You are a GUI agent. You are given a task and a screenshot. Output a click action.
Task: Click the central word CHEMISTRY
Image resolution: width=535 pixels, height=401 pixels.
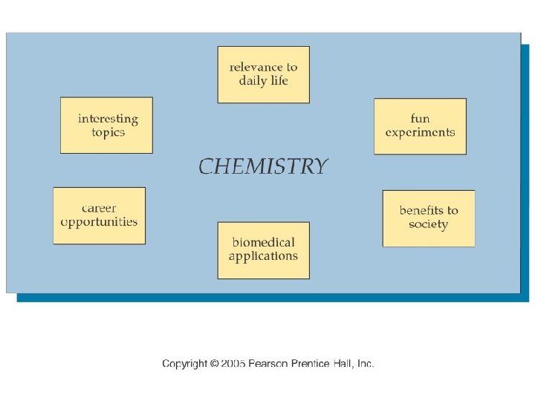(262, 166)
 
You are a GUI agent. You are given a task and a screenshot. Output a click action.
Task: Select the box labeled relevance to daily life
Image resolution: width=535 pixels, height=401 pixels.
(263, 74)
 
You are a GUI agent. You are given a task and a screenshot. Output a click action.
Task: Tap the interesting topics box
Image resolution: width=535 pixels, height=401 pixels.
(106, 125)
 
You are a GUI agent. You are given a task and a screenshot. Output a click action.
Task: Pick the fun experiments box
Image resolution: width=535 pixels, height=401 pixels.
(420, 125)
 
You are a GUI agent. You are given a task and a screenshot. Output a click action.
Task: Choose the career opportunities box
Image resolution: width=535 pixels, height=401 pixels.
(99, 215)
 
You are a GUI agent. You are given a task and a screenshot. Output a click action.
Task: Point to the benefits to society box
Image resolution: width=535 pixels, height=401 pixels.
(428, 218)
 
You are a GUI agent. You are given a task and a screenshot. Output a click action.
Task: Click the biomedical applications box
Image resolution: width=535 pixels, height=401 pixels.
(263, 250)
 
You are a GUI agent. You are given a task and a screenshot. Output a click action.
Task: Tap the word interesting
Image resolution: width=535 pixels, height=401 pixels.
(108, 119)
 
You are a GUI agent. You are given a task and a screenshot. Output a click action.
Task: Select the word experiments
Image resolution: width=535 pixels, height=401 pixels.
(420, 132)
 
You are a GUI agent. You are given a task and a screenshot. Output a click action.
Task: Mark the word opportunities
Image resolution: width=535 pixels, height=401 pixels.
(99, 222)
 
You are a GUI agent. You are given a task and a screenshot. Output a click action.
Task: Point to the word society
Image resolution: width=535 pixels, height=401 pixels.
(428, 224)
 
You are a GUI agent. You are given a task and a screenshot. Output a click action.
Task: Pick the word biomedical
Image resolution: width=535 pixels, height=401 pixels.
(263, 243)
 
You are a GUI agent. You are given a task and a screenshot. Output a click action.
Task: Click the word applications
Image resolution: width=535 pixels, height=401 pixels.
(263, 257)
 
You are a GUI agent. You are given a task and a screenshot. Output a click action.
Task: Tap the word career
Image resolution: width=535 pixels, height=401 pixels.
(99, 209)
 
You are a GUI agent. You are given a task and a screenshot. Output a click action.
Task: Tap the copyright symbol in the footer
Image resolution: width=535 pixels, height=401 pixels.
(214, 364)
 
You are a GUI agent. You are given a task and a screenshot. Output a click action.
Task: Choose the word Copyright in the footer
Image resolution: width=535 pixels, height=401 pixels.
(184, 364)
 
